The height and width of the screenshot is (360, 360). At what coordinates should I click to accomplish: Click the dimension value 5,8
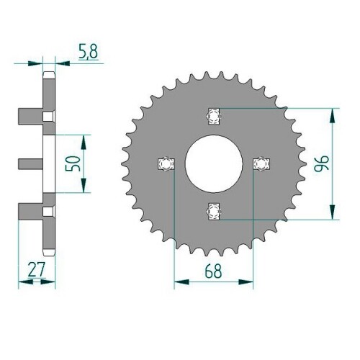88,52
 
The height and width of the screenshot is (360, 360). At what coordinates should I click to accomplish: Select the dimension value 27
36,269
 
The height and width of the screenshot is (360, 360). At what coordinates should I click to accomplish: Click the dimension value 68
213,271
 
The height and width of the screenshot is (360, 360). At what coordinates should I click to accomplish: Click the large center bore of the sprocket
213,163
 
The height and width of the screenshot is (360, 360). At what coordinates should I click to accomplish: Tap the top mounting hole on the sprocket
213,117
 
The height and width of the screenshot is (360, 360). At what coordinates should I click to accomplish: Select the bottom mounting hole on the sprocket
213,211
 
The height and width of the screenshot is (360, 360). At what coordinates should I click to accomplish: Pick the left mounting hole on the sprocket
166,164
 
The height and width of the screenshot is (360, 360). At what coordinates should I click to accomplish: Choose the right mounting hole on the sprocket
261,164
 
